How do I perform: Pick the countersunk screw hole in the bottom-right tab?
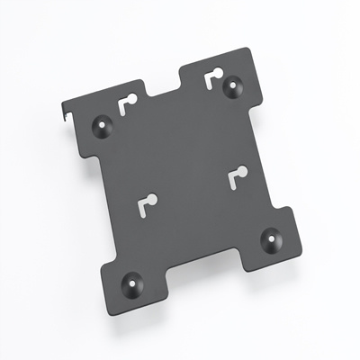pyautogui.click(x=269, y=240)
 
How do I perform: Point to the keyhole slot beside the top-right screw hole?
pyautogui.click(x=213, y=78)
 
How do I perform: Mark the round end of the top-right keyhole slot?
pyautogui.click(x=217, y=75)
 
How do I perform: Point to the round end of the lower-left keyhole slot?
pyautogui.click(x=152, y=199)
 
